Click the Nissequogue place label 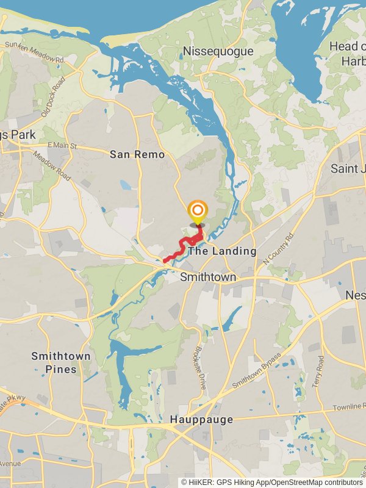point(217,51)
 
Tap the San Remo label point(137,154)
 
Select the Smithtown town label point(208,278)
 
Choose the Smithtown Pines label point(61,362)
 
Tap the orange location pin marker point(197,212)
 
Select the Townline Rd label point(348,407)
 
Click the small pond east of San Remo point(125,184)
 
